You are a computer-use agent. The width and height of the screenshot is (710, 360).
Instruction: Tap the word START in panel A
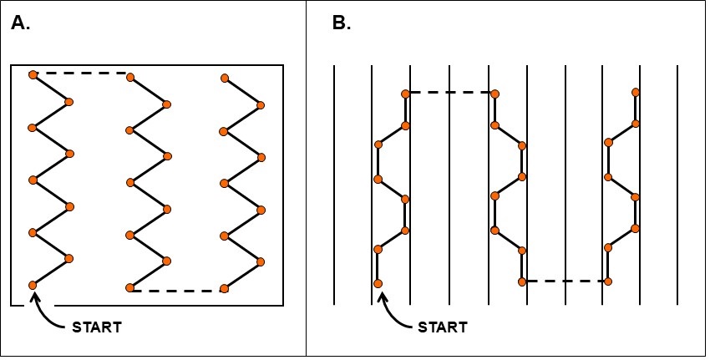[98, 327]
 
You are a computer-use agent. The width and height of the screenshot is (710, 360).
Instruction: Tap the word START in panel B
[443, 327]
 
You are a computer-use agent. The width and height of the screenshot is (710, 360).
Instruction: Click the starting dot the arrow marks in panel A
[33, 286]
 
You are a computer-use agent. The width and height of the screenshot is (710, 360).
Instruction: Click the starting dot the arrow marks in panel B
[378, 284]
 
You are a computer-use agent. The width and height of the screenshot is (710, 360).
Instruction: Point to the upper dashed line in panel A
[81, 74]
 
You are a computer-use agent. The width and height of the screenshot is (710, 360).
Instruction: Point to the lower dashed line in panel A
[177, 291]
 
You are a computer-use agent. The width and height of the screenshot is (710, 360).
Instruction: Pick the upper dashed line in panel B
[449, 93]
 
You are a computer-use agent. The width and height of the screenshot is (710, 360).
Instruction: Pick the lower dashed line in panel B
[565, 281]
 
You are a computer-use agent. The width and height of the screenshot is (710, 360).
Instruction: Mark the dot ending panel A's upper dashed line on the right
[129, 74]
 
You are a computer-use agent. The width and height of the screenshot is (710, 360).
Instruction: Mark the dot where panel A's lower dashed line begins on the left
[129, 288]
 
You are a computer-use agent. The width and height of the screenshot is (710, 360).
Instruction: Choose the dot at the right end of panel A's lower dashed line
[224, 289]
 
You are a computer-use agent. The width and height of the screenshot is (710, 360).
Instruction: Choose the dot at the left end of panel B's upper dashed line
[405, 94]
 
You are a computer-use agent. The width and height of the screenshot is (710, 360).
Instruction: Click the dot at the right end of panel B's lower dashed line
[607, 281]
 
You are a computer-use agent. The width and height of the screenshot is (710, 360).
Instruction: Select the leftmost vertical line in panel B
[335, 184]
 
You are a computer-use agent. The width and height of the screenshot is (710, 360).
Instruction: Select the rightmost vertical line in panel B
[677, 184]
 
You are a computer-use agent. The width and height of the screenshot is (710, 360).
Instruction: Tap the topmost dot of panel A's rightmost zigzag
[225, 79]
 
